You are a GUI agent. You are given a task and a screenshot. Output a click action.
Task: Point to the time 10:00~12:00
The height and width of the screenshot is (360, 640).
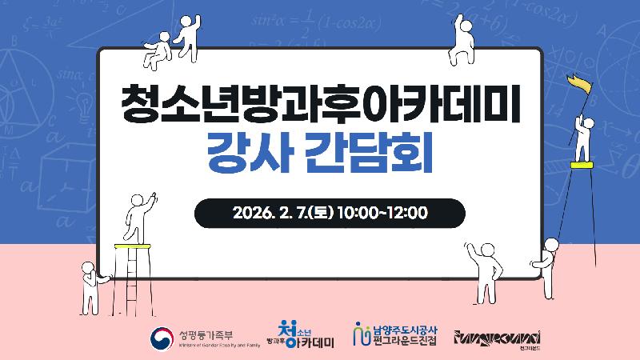(382, 213)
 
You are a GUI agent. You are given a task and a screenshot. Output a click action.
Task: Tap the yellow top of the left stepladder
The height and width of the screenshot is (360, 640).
(131, 245)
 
